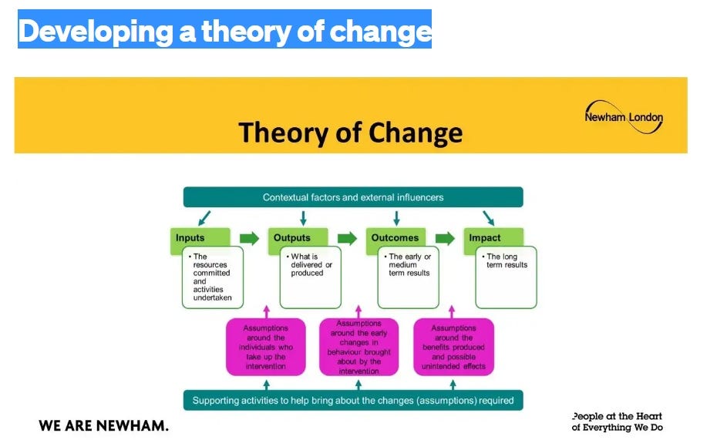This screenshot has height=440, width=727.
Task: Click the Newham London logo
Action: click(623, 117)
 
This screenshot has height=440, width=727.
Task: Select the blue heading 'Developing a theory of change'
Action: click(224, 30)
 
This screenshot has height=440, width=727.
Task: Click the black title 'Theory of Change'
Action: click(350, 132)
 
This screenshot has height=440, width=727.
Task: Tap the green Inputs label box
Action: click(200, 238)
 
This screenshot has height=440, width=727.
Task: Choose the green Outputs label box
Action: click(298, 238)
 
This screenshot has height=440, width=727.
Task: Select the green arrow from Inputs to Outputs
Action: click(249, 238)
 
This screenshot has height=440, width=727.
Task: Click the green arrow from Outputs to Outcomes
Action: click(347, 238)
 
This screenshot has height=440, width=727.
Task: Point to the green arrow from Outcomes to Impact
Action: click(445, 238)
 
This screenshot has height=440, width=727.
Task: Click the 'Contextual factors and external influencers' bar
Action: click(353, 197)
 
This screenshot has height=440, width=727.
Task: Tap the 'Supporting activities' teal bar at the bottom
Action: click(353, 401)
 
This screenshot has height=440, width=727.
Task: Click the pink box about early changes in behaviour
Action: click(358, 347)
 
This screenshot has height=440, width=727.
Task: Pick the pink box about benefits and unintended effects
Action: click(453, 347)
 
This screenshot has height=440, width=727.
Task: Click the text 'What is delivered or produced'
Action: click(311, 265)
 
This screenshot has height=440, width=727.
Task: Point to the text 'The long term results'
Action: click(507, 260)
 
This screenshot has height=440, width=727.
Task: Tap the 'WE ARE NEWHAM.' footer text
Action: click(103, 425)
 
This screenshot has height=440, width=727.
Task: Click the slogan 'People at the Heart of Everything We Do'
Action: click(617, 422)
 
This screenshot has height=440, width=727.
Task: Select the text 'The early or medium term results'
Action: click(409, 265)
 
